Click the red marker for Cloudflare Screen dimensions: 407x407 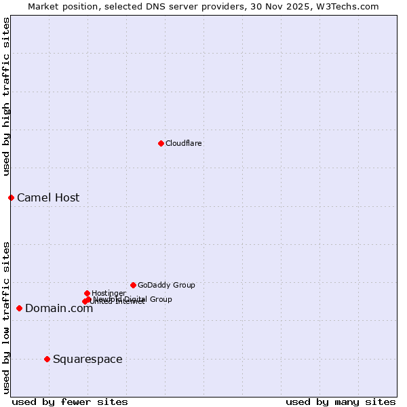[161, 143]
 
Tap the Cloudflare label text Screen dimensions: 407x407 [183, 143]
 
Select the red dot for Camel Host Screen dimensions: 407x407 [11, 197]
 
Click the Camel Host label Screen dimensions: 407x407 [47, 197]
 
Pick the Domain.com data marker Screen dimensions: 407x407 [19, 308]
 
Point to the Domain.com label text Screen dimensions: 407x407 [59, 308]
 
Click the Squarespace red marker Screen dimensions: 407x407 [47, 359]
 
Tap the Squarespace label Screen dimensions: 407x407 [88, 359]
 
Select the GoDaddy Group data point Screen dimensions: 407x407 [133, 285]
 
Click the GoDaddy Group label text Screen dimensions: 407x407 [166, 285]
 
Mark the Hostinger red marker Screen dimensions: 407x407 [87, 293]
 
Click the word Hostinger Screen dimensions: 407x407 [109, 293]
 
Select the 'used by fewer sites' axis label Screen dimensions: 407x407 [70, 402]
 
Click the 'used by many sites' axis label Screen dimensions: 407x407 [341, 402]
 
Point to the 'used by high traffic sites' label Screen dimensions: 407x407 [6, 96]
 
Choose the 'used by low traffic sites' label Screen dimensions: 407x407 [6, 317]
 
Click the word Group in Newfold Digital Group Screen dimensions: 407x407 [160, 299]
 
